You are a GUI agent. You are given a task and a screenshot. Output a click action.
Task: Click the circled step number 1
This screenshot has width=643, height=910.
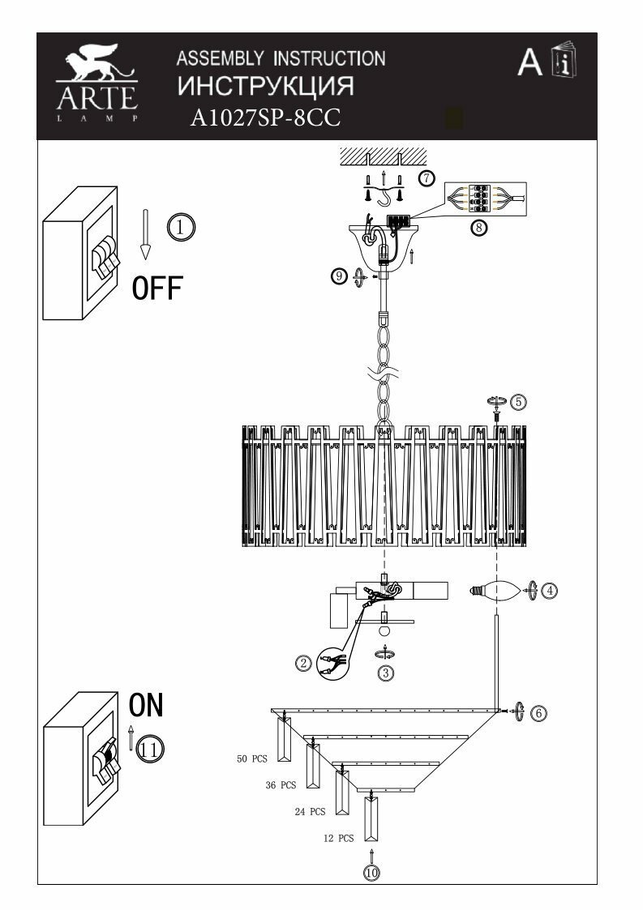coord(182,228)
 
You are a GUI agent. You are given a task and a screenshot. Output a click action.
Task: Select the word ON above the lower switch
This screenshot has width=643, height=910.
coord(147,705)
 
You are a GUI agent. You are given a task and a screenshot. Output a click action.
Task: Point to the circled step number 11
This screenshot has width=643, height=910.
coord(149,749)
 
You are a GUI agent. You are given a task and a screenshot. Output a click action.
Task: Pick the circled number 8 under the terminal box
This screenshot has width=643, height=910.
coord(479,228)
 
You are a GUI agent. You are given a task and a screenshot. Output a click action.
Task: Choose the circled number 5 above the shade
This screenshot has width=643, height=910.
coord(518,401)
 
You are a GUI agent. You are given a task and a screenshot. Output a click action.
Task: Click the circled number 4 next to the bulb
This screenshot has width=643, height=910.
coord(550,591)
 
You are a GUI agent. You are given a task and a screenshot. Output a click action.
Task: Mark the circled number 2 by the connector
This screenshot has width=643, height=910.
coord(303,664)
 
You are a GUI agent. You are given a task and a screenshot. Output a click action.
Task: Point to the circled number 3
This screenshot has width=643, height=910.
coord(387,672)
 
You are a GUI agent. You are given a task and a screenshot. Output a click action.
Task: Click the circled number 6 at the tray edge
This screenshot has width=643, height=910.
coord(538,712)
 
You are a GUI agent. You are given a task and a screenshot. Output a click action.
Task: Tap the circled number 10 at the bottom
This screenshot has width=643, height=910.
coord(371,873)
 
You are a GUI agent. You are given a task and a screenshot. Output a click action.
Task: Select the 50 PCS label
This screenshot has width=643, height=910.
coord(252,759)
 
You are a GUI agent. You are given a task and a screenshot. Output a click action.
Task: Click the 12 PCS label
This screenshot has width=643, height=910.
coord(338,839)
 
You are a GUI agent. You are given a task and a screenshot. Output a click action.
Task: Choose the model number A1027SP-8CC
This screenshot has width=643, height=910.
coord(264,119)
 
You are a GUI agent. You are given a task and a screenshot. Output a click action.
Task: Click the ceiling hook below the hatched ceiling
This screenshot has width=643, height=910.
coord(397,196)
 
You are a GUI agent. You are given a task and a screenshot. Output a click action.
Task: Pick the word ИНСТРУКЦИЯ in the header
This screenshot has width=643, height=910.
coord(265,87)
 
